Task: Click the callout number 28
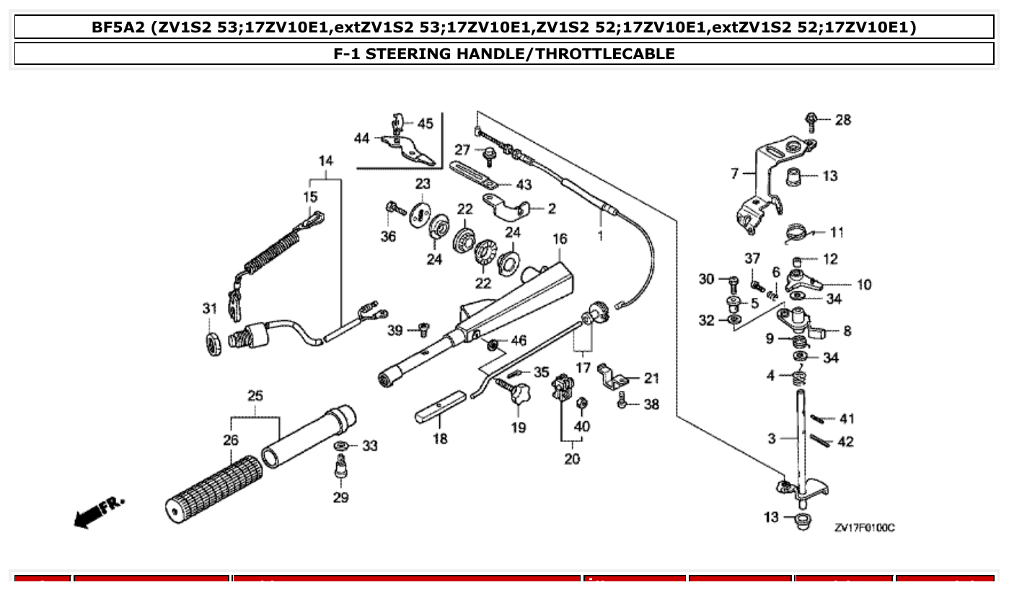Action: (x=842, y=120)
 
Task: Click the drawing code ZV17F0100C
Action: (x=864, y=528)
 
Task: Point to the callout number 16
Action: (x=560, y=239)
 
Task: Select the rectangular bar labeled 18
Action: (x=441, y=407)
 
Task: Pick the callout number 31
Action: (x=209, y=309)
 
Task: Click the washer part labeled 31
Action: (x=213, y=343)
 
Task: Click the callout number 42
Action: (x=845, y=441)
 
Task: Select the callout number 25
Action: (x=255, y=396)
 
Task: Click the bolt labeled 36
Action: (x=395, y=209)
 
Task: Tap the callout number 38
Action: (x=651, y=405)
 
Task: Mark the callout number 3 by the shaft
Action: (x=771, y=438)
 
